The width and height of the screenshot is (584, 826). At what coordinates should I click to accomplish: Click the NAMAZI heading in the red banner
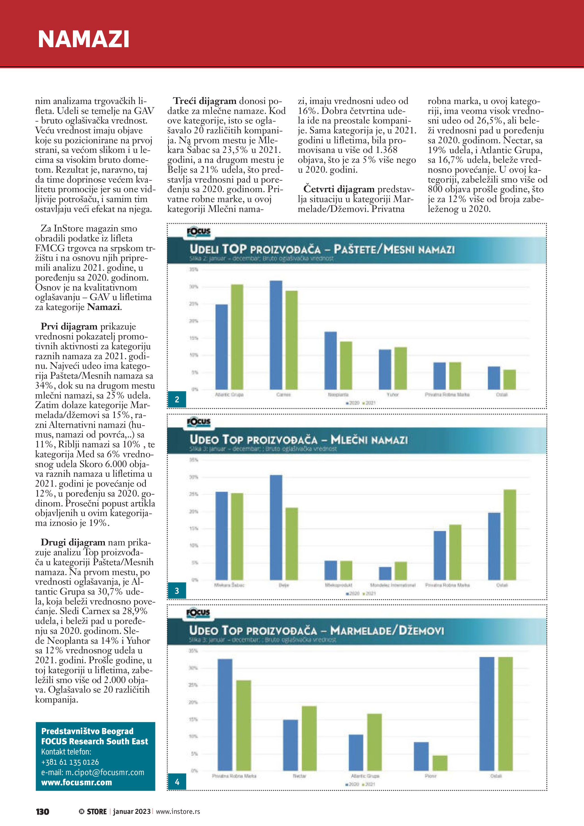click(x=83, y=39)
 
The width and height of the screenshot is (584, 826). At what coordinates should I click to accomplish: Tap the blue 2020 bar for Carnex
click(x=276, y=335)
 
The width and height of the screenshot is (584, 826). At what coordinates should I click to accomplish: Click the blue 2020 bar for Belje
click(x=276, y=527)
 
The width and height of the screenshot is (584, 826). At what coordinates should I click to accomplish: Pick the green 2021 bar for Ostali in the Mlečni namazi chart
click(x=510, y=534)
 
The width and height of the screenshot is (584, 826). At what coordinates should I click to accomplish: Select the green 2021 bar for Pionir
click(x=440, y=763)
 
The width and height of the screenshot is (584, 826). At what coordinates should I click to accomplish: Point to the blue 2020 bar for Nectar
click(x=290, y=745)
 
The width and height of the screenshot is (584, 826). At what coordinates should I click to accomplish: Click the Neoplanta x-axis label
click(x=338, y=395)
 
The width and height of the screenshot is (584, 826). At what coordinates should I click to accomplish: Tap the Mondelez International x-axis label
click(x=393, y=585)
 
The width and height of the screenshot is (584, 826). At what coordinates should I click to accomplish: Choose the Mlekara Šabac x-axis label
click(x=229, y=585)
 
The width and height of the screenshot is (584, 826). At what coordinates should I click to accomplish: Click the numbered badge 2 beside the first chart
click(x=177, y=399)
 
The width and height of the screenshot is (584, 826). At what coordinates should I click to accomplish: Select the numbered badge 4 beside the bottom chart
click(x=177, y=782)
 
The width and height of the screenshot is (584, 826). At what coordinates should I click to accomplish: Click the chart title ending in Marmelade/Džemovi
click(x=316, y=630)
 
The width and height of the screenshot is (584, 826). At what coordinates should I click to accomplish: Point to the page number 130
click(x=42, y=812)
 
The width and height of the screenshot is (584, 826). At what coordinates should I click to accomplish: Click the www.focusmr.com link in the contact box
click(x=77, y=782)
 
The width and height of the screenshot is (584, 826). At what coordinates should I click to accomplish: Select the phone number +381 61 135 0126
click(x=70, y=762)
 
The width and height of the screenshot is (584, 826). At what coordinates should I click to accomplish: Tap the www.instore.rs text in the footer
click(x=178, y=812)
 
